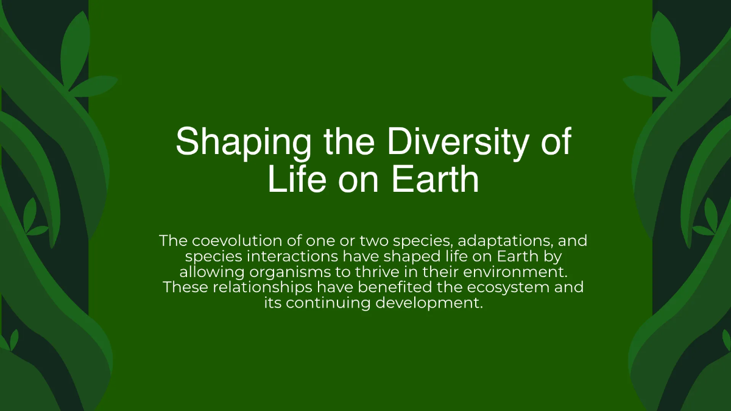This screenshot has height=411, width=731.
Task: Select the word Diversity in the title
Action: click(450, 142)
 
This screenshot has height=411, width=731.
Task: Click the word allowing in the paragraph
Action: click(212, 272)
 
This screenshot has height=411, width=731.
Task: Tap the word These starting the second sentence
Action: click(186, 287)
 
